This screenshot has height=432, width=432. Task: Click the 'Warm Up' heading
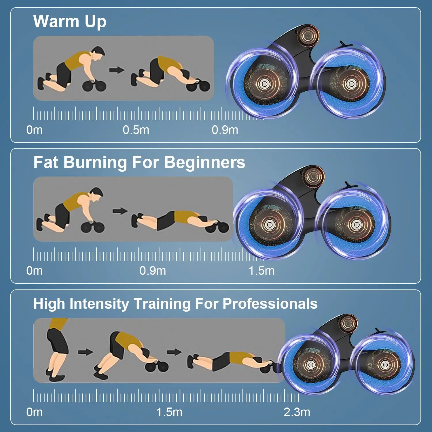tap(70, 22)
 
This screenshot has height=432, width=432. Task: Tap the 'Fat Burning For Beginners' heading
tap(139, 162)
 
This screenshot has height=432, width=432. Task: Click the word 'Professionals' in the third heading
tap(270, 304)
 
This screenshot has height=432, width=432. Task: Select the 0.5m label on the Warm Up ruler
tap(136, 130)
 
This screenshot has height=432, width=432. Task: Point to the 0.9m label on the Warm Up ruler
tap(225, 130)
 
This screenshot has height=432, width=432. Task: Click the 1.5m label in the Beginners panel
tap(262, 271)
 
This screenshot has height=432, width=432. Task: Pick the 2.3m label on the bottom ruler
tap(297, 412)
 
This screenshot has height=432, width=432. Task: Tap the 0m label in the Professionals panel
tap(35, 412)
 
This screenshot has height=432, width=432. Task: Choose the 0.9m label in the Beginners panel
tap(153, 271)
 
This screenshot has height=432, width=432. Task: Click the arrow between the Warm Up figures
tap(117, 70)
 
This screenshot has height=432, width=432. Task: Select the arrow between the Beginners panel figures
tap(120, 211)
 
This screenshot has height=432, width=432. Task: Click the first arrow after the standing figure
tap(86, 352)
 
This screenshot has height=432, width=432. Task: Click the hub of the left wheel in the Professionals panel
tap(310, 365)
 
